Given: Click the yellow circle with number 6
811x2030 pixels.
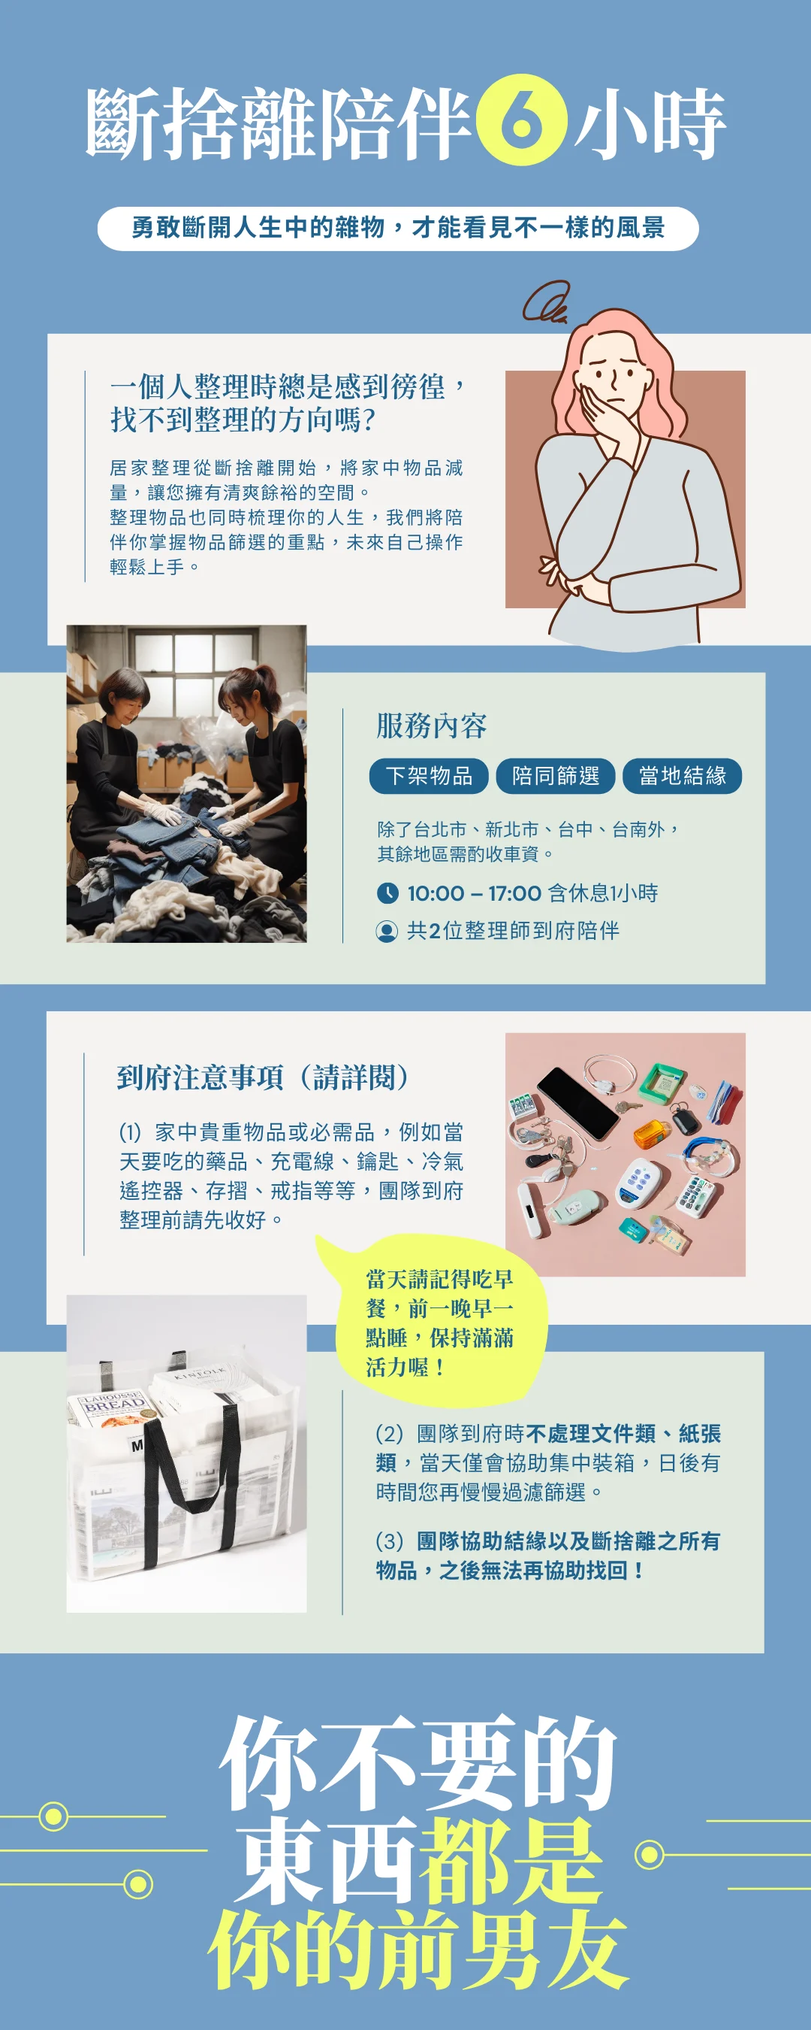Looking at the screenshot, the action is pos(521,120).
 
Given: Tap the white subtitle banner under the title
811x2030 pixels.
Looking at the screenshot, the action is pos(398,229).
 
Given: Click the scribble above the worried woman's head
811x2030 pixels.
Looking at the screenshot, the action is pos(546,302).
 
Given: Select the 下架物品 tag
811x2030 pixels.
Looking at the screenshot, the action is pos(429,776).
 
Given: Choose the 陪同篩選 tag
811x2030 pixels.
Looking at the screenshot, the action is pos(556,776).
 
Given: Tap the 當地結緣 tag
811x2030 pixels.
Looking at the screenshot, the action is pos(683,776).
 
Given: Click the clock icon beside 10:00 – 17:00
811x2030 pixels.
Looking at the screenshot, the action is pos(387,893).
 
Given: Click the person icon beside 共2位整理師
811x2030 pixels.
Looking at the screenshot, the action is pos(387,932).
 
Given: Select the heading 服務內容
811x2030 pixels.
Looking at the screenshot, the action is pos(432,726).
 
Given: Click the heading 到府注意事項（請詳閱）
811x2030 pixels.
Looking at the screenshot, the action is pos(263,1077).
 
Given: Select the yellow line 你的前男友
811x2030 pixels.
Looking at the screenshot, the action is pos(418,1950).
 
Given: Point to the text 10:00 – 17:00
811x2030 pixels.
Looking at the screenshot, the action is pos(474,894).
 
